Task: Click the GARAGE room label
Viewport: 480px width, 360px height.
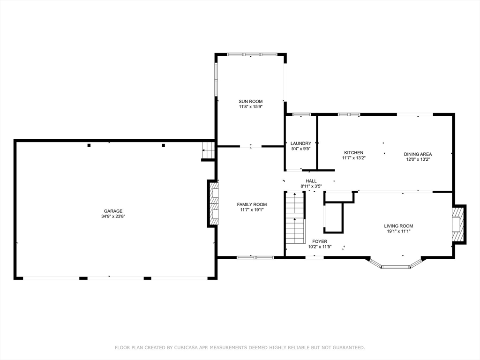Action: (x=113, y=211)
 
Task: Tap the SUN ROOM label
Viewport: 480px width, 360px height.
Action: (x=251, y=101)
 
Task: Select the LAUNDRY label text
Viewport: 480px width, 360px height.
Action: (x=301, y=143)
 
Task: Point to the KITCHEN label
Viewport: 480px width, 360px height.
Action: (x=353, y=152)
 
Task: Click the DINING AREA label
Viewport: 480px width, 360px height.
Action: (x=418, y=154)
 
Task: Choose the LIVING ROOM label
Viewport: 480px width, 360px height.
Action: (x=398, y=226)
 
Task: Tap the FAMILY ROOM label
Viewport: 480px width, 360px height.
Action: (x=252, y=204)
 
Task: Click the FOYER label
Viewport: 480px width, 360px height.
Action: (x=320, y=241)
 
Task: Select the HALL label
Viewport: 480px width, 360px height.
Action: (x=311, y=181)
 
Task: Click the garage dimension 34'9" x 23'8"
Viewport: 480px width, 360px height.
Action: (x=113, y=217)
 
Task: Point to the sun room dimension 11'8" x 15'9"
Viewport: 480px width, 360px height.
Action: (x=251, y=107)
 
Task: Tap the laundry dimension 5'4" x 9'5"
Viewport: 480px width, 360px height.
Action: (x=301, y=149)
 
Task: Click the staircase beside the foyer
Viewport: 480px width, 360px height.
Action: (x=295, y=217)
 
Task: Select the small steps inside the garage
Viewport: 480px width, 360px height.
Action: (x=208, y=150)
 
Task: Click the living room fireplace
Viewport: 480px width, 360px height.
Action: (x=459, y=225)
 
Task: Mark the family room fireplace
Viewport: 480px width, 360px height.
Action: (x=213, y=203)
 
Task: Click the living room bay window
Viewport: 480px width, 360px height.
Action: (x=396, y=263)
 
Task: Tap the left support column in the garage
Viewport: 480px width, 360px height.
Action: (x=89, y=145)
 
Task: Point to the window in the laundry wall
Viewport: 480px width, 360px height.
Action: (x=301, y=114)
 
